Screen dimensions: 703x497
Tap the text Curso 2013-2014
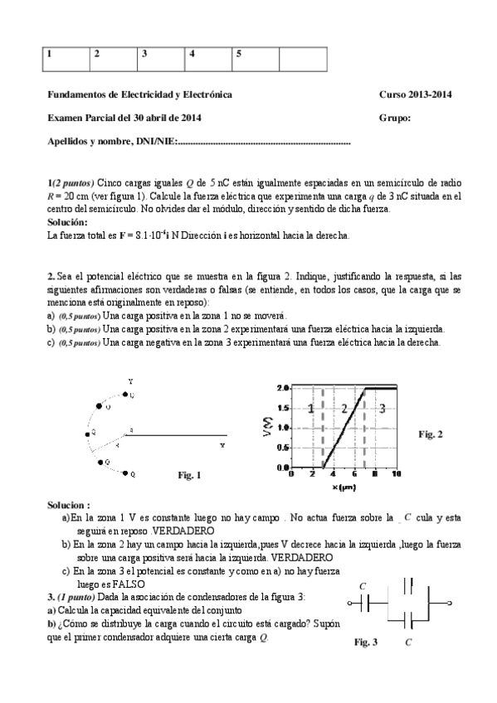[x=415, y=95]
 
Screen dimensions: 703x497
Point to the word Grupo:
[x=395, y=118]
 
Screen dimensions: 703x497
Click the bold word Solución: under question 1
[x=67, y=223]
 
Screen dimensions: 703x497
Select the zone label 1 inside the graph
[x=310, y=409]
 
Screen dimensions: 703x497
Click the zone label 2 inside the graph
[x=344, y=409]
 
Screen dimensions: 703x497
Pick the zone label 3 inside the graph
[x=381, y=409]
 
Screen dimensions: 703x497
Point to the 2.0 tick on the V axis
[x=282, y=388]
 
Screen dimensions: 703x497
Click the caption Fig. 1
[x=190, y=475]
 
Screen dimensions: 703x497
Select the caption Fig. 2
[x=430, y=434]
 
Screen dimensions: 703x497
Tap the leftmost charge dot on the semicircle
[x=85, y=432]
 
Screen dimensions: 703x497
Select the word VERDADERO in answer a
[x=183, y=530]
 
